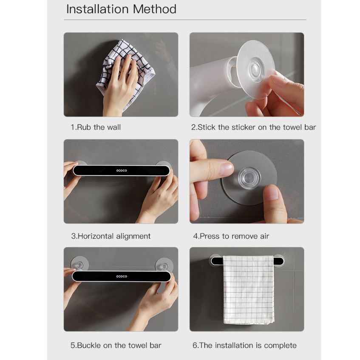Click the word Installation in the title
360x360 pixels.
click(97, 9)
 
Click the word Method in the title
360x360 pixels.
click(155, 9)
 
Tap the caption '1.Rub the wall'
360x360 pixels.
click(96, 127)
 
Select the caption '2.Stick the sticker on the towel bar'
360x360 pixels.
click(253, 127)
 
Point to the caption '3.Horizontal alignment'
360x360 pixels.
click(111, 236)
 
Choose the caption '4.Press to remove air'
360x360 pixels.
click(231, 236)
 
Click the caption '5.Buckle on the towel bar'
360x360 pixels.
click(116, 345)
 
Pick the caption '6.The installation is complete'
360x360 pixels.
click(244, 345)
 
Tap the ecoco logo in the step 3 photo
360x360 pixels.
click(122, 170)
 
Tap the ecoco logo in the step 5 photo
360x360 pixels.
click(122, 276)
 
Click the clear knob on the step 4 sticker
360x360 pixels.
click(249, 178)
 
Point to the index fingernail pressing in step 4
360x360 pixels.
click(227, 168)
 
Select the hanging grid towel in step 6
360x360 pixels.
click(249, 290)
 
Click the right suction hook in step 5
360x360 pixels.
click(164, 264)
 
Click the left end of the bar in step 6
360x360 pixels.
click(212, 261)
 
